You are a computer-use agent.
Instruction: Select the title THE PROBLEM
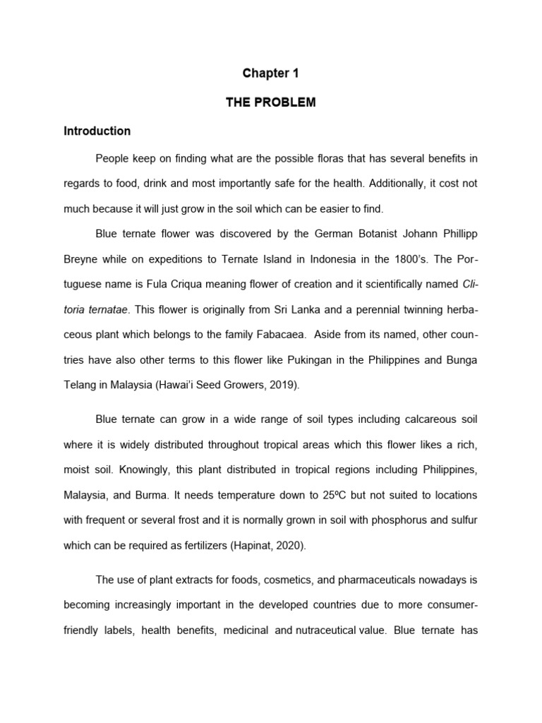pyautogui.click(x=271, y=102)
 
